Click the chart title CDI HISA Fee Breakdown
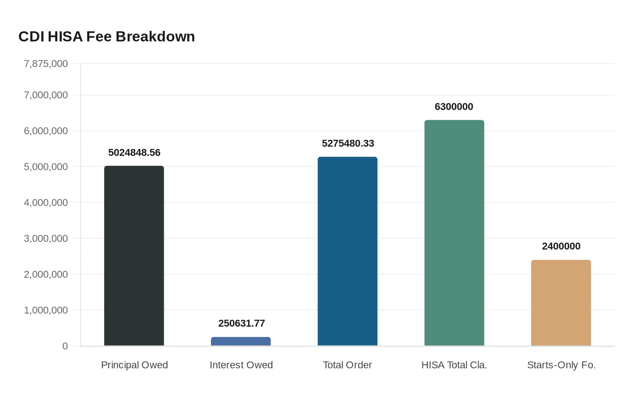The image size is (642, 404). [x=106, y=37]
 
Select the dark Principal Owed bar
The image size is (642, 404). [x=134, y=256]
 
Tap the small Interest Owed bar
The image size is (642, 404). [x=241, y=342]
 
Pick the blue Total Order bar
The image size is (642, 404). [x=348, y=251]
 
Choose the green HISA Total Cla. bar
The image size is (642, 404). [x=454, y=233]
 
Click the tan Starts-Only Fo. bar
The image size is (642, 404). [x=561, y=303]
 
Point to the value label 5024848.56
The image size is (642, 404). [x=134, y=152]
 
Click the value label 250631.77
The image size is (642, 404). [x=241, y=323]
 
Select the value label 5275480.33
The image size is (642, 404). [x=348, y=143]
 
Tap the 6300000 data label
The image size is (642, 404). [x=454, y=107]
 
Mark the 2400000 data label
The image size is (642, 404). [x=561, y=246]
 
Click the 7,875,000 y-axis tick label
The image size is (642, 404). [x=46, y=63]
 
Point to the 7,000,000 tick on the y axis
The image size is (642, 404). [x=46, y=95]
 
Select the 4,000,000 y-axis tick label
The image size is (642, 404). [x=46, y=202]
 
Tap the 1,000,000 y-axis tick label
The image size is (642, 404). [x=46, y=310]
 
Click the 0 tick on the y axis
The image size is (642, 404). [x=65, y=346]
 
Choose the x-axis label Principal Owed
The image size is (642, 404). [x=134, y=365]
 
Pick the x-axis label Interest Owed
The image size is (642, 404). [x=241, y=365]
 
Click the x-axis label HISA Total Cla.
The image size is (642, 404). [x=454, y=365]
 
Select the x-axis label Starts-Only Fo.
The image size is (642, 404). [x=561, y=365]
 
